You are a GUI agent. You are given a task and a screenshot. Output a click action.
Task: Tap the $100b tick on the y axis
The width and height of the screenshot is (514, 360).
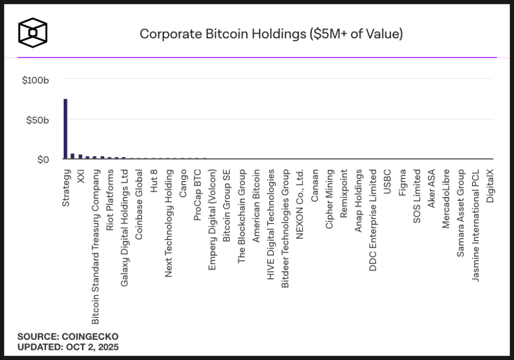tap(36, 80)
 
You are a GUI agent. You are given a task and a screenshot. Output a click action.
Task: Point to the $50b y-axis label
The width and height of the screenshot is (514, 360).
tap(38, 120)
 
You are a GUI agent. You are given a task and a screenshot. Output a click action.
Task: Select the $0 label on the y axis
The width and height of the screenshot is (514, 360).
tap(43, 160)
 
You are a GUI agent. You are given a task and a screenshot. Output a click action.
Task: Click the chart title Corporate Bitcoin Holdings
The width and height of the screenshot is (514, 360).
tap(271, 34)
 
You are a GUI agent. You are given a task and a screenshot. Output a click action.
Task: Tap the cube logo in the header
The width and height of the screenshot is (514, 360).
tap(33, 32)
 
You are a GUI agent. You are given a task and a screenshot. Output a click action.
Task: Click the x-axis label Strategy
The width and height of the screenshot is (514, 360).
tap(66, 188)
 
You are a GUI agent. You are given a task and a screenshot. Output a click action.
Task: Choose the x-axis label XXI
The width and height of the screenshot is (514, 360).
tap(80, 177)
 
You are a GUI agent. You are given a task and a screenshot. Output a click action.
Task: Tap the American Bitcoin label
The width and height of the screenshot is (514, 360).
tap(256, 206)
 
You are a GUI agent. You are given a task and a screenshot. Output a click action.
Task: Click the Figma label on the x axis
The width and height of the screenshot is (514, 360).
tap(402, 182)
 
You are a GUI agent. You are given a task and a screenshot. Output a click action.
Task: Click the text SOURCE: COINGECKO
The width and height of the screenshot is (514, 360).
tap(68, 337)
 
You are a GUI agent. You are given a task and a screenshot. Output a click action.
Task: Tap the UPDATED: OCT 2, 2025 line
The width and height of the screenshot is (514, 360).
tap(68, 347)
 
